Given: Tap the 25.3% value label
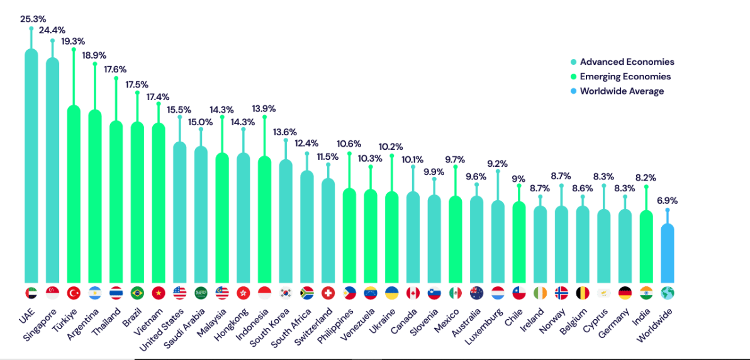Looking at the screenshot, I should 31,19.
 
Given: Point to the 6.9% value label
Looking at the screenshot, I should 668,201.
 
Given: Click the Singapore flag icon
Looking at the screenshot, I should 52,293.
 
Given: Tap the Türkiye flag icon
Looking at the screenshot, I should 74,293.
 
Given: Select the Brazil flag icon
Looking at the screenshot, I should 137,293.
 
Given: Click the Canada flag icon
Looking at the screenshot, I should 413,293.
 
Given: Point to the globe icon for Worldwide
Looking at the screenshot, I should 668,293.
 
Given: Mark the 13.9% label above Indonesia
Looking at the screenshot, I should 264,109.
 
